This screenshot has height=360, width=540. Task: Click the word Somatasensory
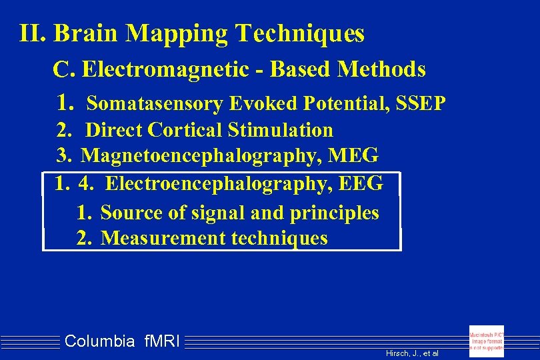coord(155,104)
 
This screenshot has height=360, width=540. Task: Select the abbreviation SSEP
coord(421,104)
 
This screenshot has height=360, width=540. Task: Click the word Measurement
coord(163,238)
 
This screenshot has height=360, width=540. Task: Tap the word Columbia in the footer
coord(100,342)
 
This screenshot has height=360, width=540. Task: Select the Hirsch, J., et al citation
coord(412,353)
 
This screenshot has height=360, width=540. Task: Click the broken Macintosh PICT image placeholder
coord(487,341)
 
